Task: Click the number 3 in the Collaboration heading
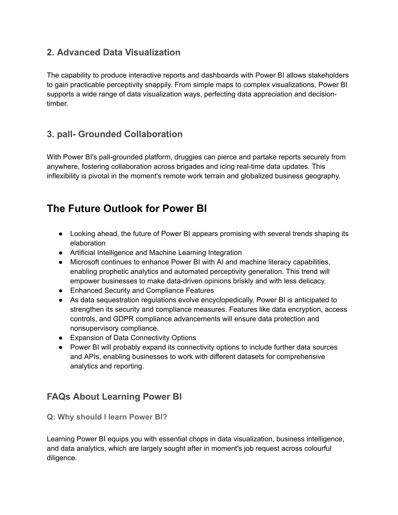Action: [x=49, y=134]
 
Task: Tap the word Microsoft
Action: [x=84, y=262]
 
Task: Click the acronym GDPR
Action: [x=123, y=319]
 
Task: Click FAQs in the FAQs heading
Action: [x=59, y=397]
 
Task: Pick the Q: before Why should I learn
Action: [x=51, y=417]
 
